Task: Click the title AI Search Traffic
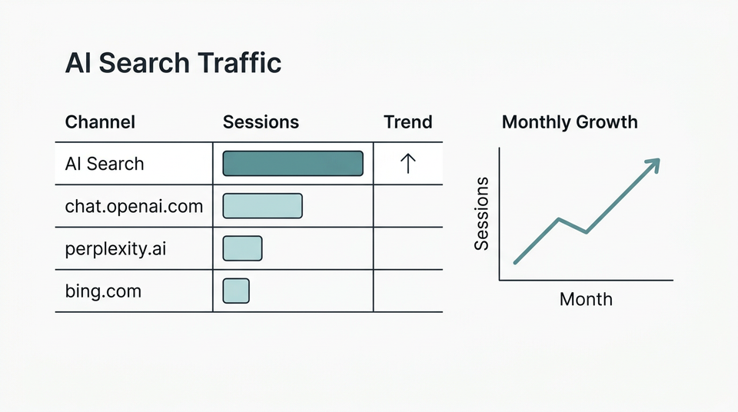point(173,63)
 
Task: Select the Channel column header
point(100,122)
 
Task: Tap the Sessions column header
point(261,122)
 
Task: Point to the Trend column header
point(407,122)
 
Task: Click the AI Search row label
point(104,164)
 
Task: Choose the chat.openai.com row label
point(134,206)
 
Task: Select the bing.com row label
point(103,291)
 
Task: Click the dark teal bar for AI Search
point(293,164)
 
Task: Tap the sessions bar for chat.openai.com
point(262,206)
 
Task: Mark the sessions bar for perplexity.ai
point(242,248)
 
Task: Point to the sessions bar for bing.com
point(236,291)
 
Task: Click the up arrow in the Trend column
point(407,164)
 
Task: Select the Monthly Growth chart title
point(569,122)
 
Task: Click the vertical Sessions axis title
point(482,213)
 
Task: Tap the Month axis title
point(586,299)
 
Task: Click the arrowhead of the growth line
point(653,164)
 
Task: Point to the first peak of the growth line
point(559,219)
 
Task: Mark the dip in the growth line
point(587,232)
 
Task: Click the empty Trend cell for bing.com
point(407,291)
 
